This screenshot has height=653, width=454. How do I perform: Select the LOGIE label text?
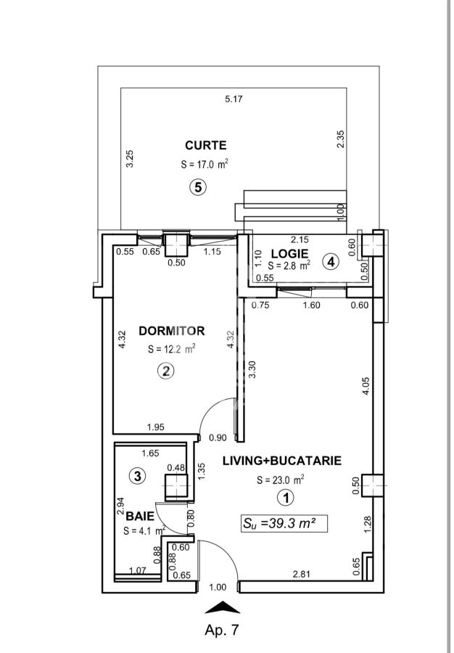click(x=289, y=254)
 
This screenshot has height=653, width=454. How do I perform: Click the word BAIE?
click(x=140, y=517)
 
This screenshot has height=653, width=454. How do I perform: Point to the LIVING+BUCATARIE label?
click(x=282, y=461)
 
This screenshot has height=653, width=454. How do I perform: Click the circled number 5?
click(x=198, y=187)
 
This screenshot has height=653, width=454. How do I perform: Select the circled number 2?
click(x=166, y=371)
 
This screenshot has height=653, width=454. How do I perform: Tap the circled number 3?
click(x=138, y=475)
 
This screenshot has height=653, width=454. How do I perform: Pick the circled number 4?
click(x=331, y=262)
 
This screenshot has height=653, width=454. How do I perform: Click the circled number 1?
click(x=286, y=498)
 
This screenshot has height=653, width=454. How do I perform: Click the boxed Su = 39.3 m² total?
click(x=284, y=524)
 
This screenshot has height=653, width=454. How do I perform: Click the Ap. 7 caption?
click(x=222, y=630)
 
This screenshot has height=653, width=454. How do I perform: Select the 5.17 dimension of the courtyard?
click(x=234, y=99)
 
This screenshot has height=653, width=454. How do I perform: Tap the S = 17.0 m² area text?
click(x=205, y=164)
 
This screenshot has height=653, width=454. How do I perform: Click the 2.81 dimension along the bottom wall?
click(x=302, y=575)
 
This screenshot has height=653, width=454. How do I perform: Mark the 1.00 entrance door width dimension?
click(x=218, y=587)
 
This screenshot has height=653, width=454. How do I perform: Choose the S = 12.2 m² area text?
click(x=171, y=349)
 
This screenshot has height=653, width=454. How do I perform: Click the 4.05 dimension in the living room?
click(x=366, y=386)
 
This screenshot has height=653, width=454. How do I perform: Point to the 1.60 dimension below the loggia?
click(x=312, y=305)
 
